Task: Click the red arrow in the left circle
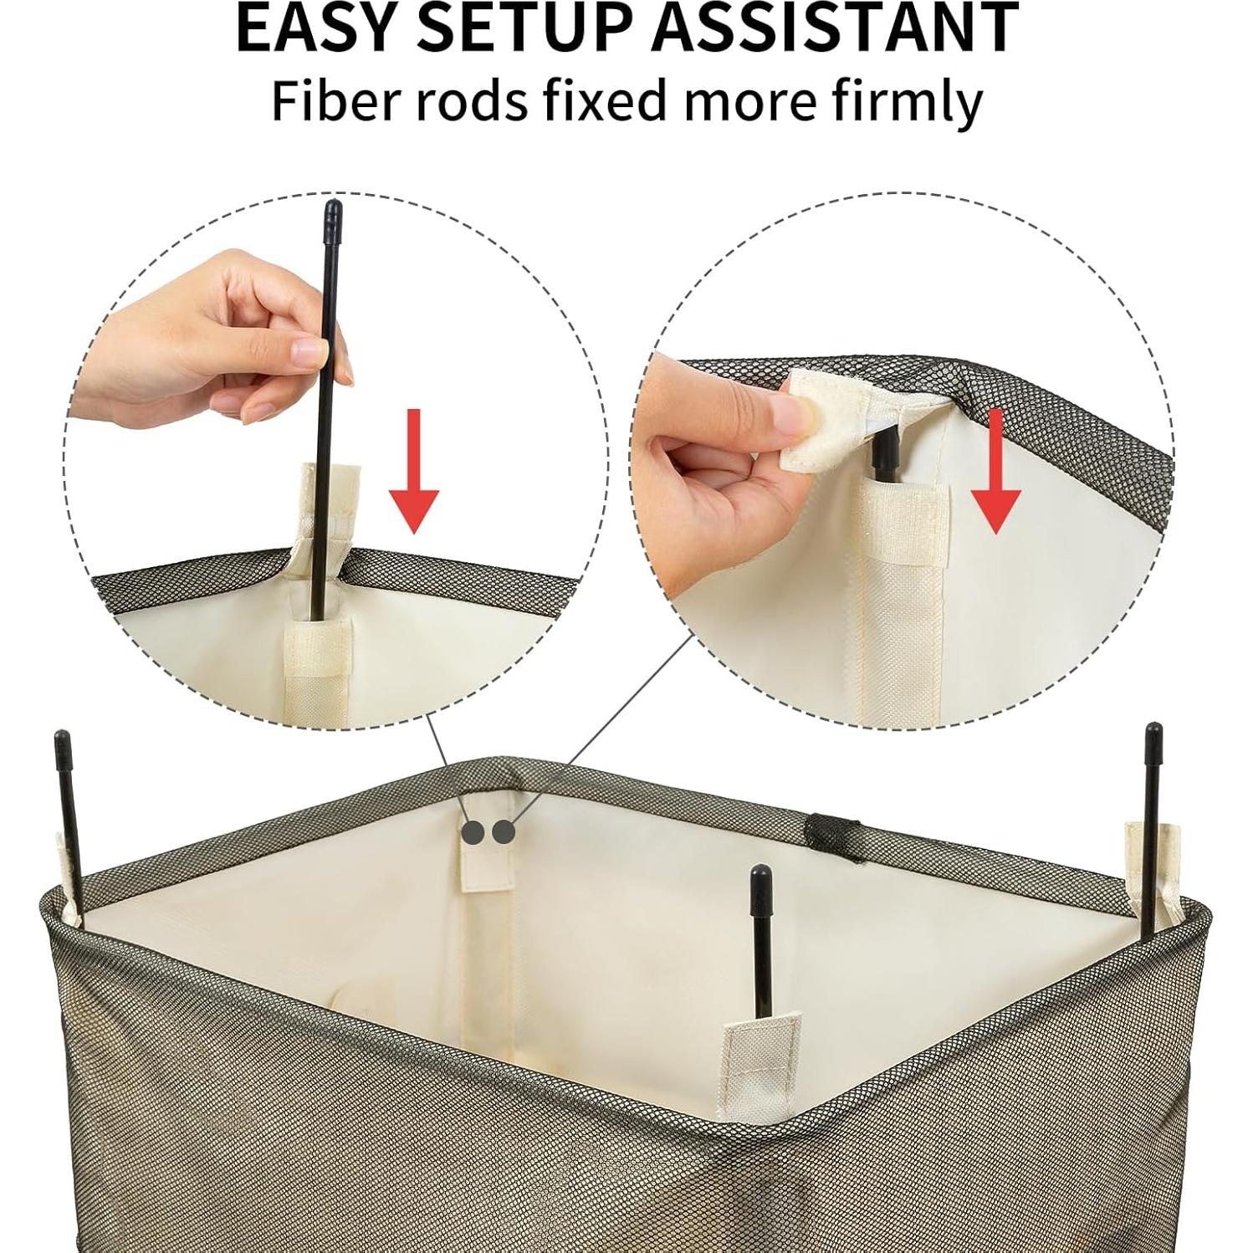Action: (x=414, y=471)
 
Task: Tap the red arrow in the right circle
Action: (x=995, y=471)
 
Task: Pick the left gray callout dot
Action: (x=473, y=832)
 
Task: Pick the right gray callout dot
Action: (x=503, y=832)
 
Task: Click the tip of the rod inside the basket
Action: (x=760, y=880)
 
